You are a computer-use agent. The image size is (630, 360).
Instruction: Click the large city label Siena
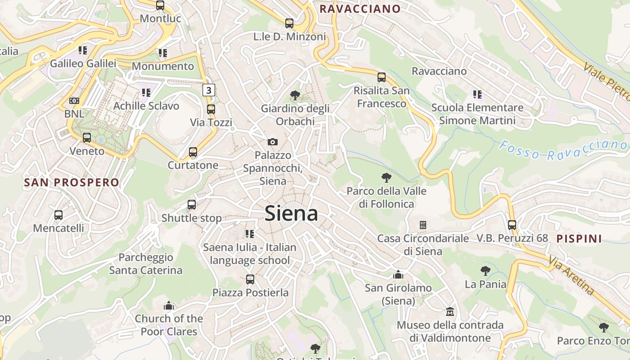(x=291, y=213)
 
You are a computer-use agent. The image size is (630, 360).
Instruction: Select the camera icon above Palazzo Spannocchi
(x=272, y=142)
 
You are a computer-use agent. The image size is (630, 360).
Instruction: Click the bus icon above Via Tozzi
(x=211, y=109)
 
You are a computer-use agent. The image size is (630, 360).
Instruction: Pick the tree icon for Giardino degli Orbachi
(x=295, y=95)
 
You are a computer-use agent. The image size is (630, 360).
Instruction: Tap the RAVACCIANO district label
(x=360, y=9)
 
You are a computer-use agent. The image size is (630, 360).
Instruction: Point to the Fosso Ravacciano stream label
(x=563, y=150)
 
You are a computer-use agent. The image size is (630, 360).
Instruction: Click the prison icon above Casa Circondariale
(x=423, y=225)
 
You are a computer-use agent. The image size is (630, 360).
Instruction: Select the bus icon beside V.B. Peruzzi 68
(x=512, y=225)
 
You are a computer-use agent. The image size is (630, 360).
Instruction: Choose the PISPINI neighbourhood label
(x=579, y=239)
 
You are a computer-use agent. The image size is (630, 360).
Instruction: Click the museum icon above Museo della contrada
(x=450, y=311)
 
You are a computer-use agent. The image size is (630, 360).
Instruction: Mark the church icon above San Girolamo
(x=398, y=274)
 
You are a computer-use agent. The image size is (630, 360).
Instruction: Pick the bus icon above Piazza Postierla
(x=250, y=279)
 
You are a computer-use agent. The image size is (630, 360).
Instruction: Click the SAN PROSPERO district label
(x=72, y=183)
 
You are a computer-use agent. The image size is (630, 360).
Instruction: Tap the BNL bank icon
(x=74, y=101)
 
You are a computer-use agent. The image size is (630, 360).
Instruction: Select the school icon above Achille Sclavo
(x=146, y=93)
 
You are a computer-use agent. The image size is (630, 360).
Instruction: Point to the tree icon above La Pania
(x=485, y=271)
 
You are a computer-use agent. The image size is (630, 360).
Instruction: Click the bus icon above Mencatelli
(x=58, y=215)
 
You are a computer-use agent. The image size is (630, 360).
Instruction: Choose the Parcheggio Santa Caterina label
(x=145, y=264)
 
